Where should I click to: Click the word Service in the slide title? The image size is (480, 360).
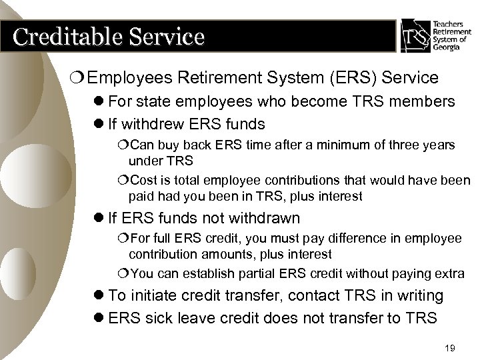[x=160, y=36]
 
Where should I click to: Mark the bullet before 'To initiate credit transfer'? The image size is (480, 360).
[x=98, y=295]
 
